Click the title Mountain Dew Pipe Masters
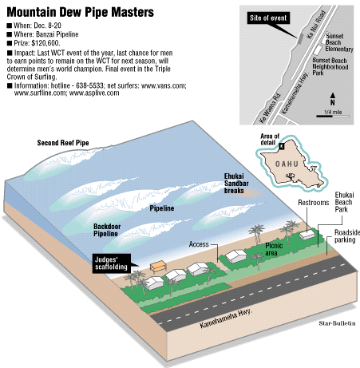click(80, 12)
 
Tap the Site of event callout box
click(268, 18)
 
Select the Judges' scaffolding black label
click(112, 263)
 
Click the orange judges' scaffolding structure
click(158, 267)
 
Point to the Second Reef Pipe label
click(63, 143)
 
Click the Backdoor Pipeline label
click(107, 230)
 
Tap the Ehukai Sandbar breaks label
click(236, 184)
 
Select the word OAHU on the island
click(287, 164)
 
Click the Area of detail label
click(270, 139)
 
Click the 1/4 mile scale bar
click(333, 116)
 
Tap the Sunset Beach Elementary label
click(339, 42)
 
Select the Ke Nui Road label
click(316, 25)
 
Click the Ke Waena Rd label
click(270, 108)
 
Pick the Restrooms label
click(314, 203)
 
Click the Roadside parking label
click(346, 236)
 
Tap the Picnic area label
click(274, 249)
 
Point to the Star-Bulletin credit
click(337, 323)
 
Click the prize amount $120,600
click(45, 43)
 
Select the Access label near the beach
click(199, 244)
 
